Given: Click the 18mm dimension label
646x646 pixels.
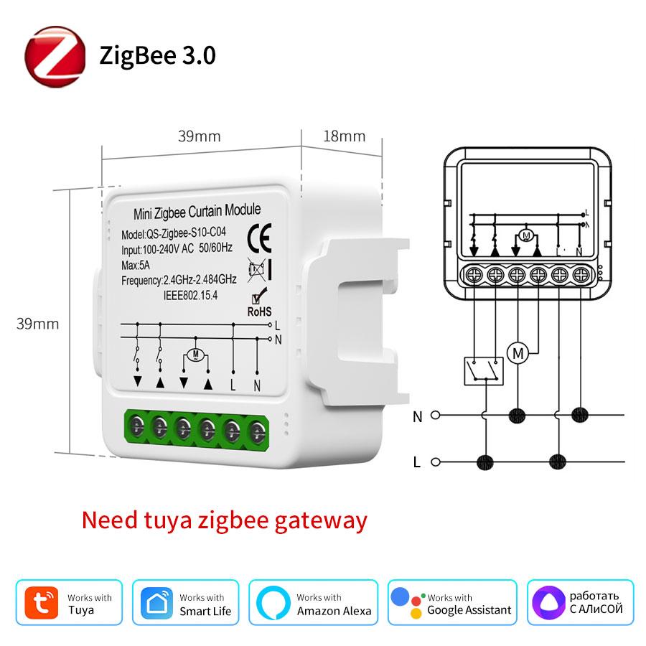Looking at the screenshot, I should tap(345, 136).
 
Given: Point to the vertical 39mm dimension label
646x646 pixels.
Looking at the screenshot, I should tap(38, 324).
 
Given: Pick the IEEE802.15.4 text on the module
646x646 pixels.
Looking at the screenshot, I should tap(191, 294).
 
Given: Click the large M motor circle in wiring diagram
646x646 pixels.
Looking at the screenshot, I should tap(517, 352).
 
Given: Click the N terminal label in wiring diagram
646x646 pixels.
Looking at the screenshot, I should tap(418, 416).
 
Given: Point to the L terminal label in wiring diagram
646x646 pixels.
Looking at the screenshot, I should tap(418, 462).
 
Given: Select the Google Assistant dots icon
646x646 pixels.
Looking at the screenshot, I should tap(406, 601).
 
